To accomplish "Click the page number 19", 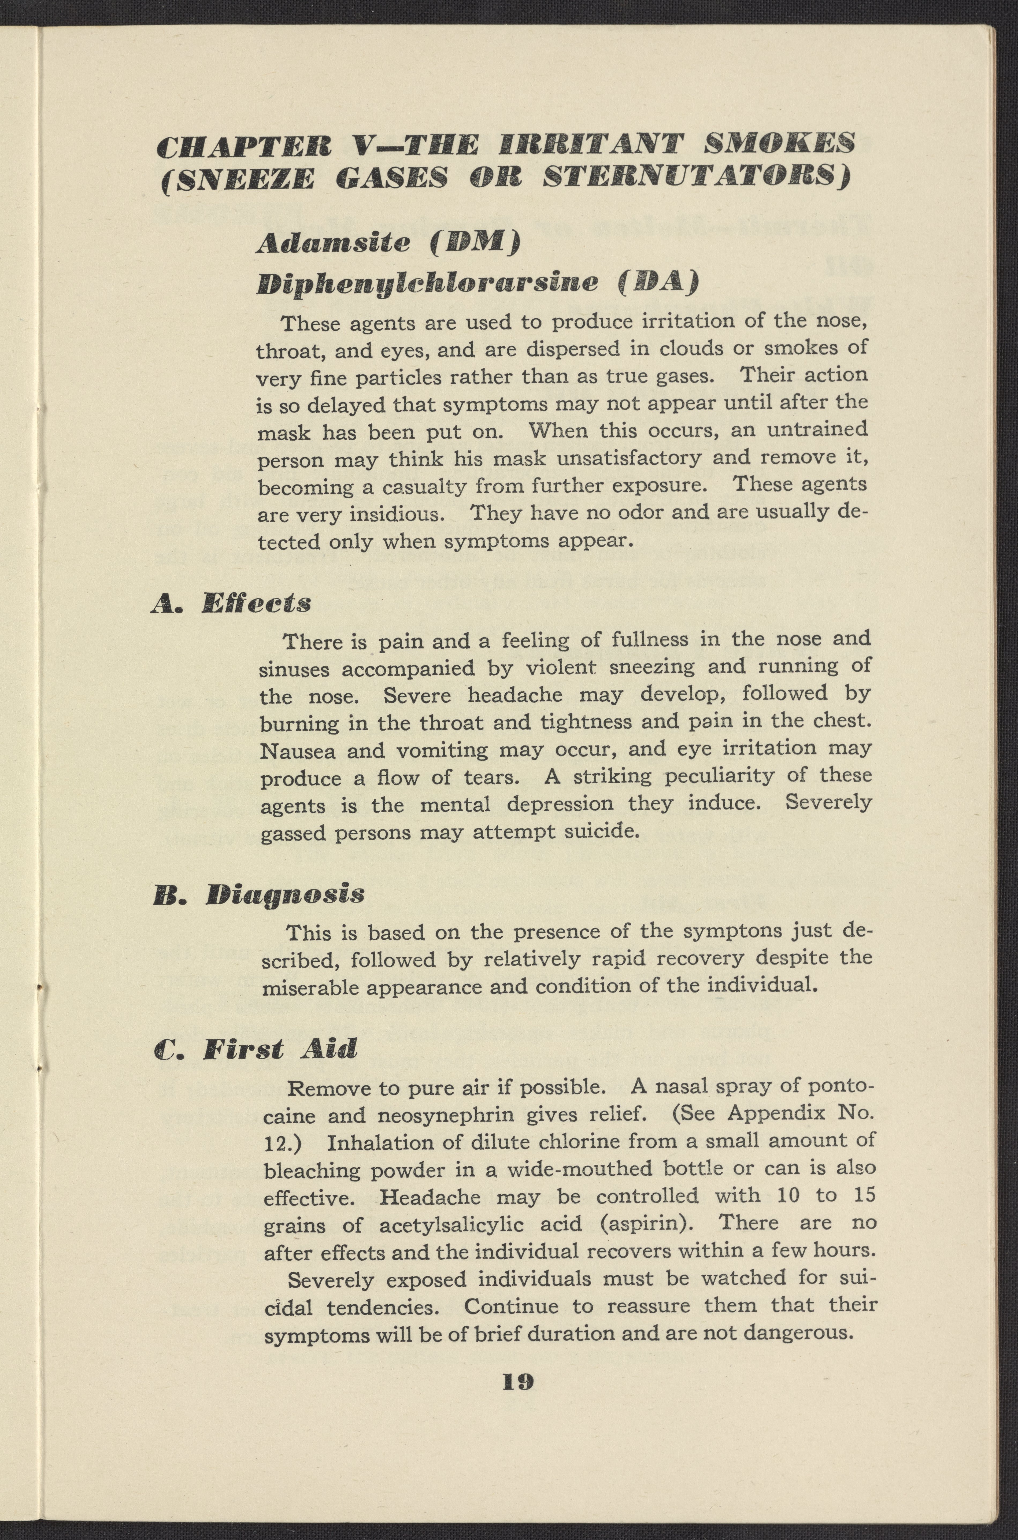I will pos(518,1381).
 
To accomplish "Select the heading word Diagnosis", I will pos(284,894).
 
